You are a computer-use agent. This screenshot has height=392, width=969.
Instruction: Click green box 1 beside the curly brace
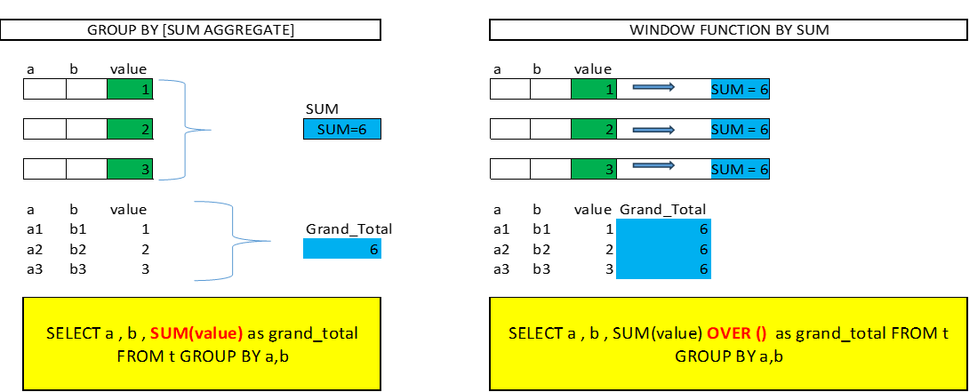click(x=130, y=89)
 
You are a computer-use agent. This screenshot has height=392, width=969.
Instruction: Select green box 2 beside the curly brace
click(x=130, y=129)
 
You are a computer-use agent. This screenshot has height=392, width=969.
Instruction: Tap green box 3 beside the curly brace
click(x=130, y=169)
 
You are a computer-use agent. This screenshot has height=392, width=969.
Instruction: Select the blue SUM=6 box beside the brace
click(x=341, y=129)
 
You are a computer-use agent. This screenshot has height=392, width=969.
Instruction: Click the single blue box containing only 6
click(x=341, y=249)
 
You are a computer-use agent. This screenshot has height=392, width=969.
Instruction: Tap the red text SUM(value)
click(x=196, y=334)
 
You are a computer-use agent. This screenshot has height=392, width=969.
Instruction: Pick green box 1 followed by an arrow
click(x=594, y=89)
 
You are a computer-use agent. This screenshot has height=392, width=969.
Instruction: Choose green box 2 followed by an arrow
click(x=594, y=129)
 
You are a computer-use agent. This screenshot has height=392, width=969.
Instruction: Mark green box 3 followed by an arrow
click(x=594, y=169)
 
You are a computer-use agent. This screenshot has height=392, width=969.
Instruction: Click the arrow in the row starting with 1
click(x=653, y=88)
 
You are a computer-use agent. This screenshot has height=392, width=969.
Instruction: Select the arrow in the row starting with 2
click(x=653, y=130)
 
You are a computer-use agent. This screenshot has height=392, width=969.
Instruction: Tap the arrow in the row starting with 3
click(x=653, y=165)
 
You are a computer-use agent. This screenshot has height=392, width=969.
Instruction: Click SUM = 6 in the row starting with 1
click(x=740, y=89)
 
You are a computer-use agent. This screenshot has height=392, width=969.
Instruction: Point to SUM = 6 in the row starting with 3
click(x=740, y=169)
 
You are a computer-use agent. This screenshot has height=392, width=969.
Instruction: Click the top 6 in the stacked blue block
click(x=704, y=229)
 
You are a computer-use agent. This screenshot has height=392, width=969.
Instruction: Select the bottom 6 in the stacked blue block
click(x=704, y=268)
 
